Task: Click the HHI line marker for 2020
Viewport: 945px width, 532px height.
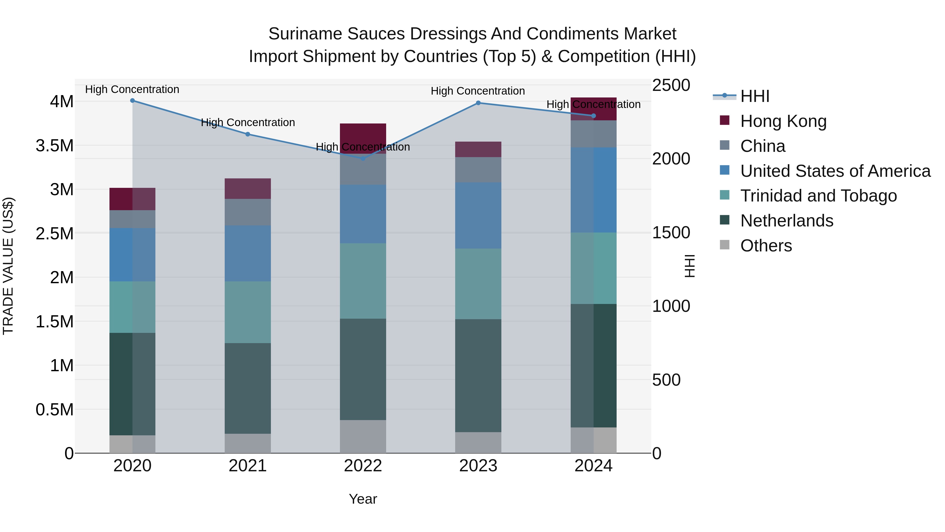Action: click(x=133, y=101)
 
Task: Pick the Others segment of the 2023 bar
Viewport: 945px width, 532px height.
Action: click(x=478, y=442)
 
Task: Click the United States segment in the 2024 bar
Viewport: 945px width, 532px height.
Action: click(x=594, y=190)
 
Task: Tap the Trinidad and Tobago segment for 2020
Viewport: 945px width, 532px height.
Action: click(x=133, y=307)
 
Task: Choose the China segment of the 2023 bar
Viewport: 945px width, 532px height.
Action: click(x=478, y=170)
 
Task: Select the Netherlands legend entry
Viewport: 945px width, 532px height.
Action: click(x=786, y=221)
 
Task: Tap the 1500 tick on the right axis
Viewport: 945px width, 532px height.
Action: click(x=671, y=233)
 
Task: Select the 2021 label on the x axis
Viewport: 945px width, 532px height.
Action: click(x=248, y=466)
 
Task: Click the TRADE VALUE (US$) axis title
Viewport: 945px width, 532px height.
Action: click(x=8, y=266)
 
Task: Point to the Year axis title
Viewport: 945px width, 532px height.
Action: click(x=363, y=499)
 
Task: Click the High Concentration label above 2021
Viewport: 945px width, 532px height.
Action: click(x=248, y=122)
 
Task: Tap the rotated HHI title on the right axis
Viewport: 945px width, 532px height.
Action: click(x=690, y=266)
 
